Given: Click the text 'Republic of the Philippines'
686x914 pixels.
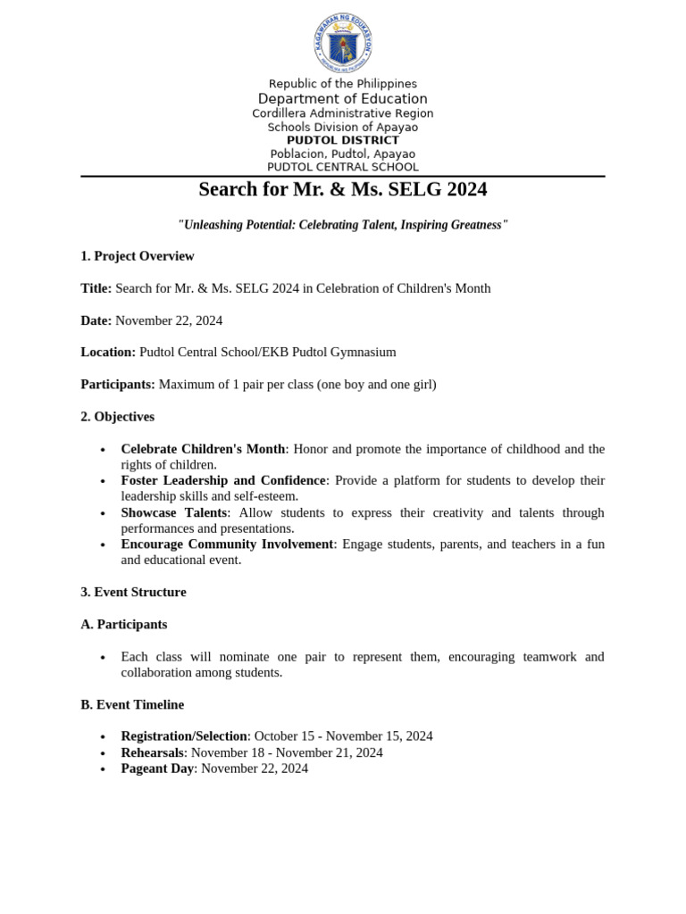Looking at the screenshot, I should tap(343, 84).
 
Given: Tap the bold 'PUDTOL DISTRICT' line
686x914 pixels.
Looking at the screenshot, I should tap(343, 140).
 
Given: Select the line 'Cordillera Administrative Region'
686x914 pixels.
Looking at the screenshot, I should tap(343, 113).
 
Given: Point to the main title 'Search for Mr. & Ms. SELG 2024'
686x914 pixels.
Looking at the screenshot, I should tap(343, 190).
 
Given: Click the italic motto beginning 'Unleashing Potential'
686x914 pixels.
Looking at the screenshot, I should tap(343, 225).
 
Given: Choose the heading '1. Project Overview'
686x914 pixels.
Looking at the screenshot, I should tap(137, 256).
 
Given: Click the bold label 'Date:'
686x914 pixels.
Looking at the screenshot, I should tap(96, 320).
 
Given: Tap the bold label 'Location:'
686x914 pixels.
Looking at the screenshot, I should tap(108, 353).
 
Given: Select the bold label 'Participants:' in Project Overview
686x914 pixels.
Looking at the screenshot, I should tap(119, 385).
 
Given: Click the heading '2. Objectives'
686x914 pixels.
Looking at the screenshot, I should tap(117, 417).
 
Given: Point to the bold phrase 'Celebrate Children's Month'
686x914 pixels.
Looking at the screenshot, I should tap(203, 449).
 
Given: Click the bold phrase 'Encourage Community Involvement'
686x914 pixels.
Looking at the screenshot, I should tap(227, 544).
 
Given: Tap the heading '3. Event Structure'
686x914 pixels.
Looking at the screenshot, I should tap(133, 592).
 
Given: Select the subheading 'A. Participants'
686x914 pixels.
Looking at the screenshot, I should tap(123, 624).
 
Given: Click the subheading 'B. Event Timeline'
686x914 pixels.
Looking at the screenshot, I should tap(132, 704).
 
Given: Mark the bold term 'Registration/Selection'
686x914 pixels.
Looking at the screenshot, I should tap(184, 736).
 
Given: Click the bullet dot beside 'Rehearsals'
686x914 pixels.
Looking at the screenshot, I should tap(104, 753).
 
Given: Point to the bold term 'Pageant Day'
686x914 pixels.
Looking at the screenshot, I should tap(157, 769).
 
